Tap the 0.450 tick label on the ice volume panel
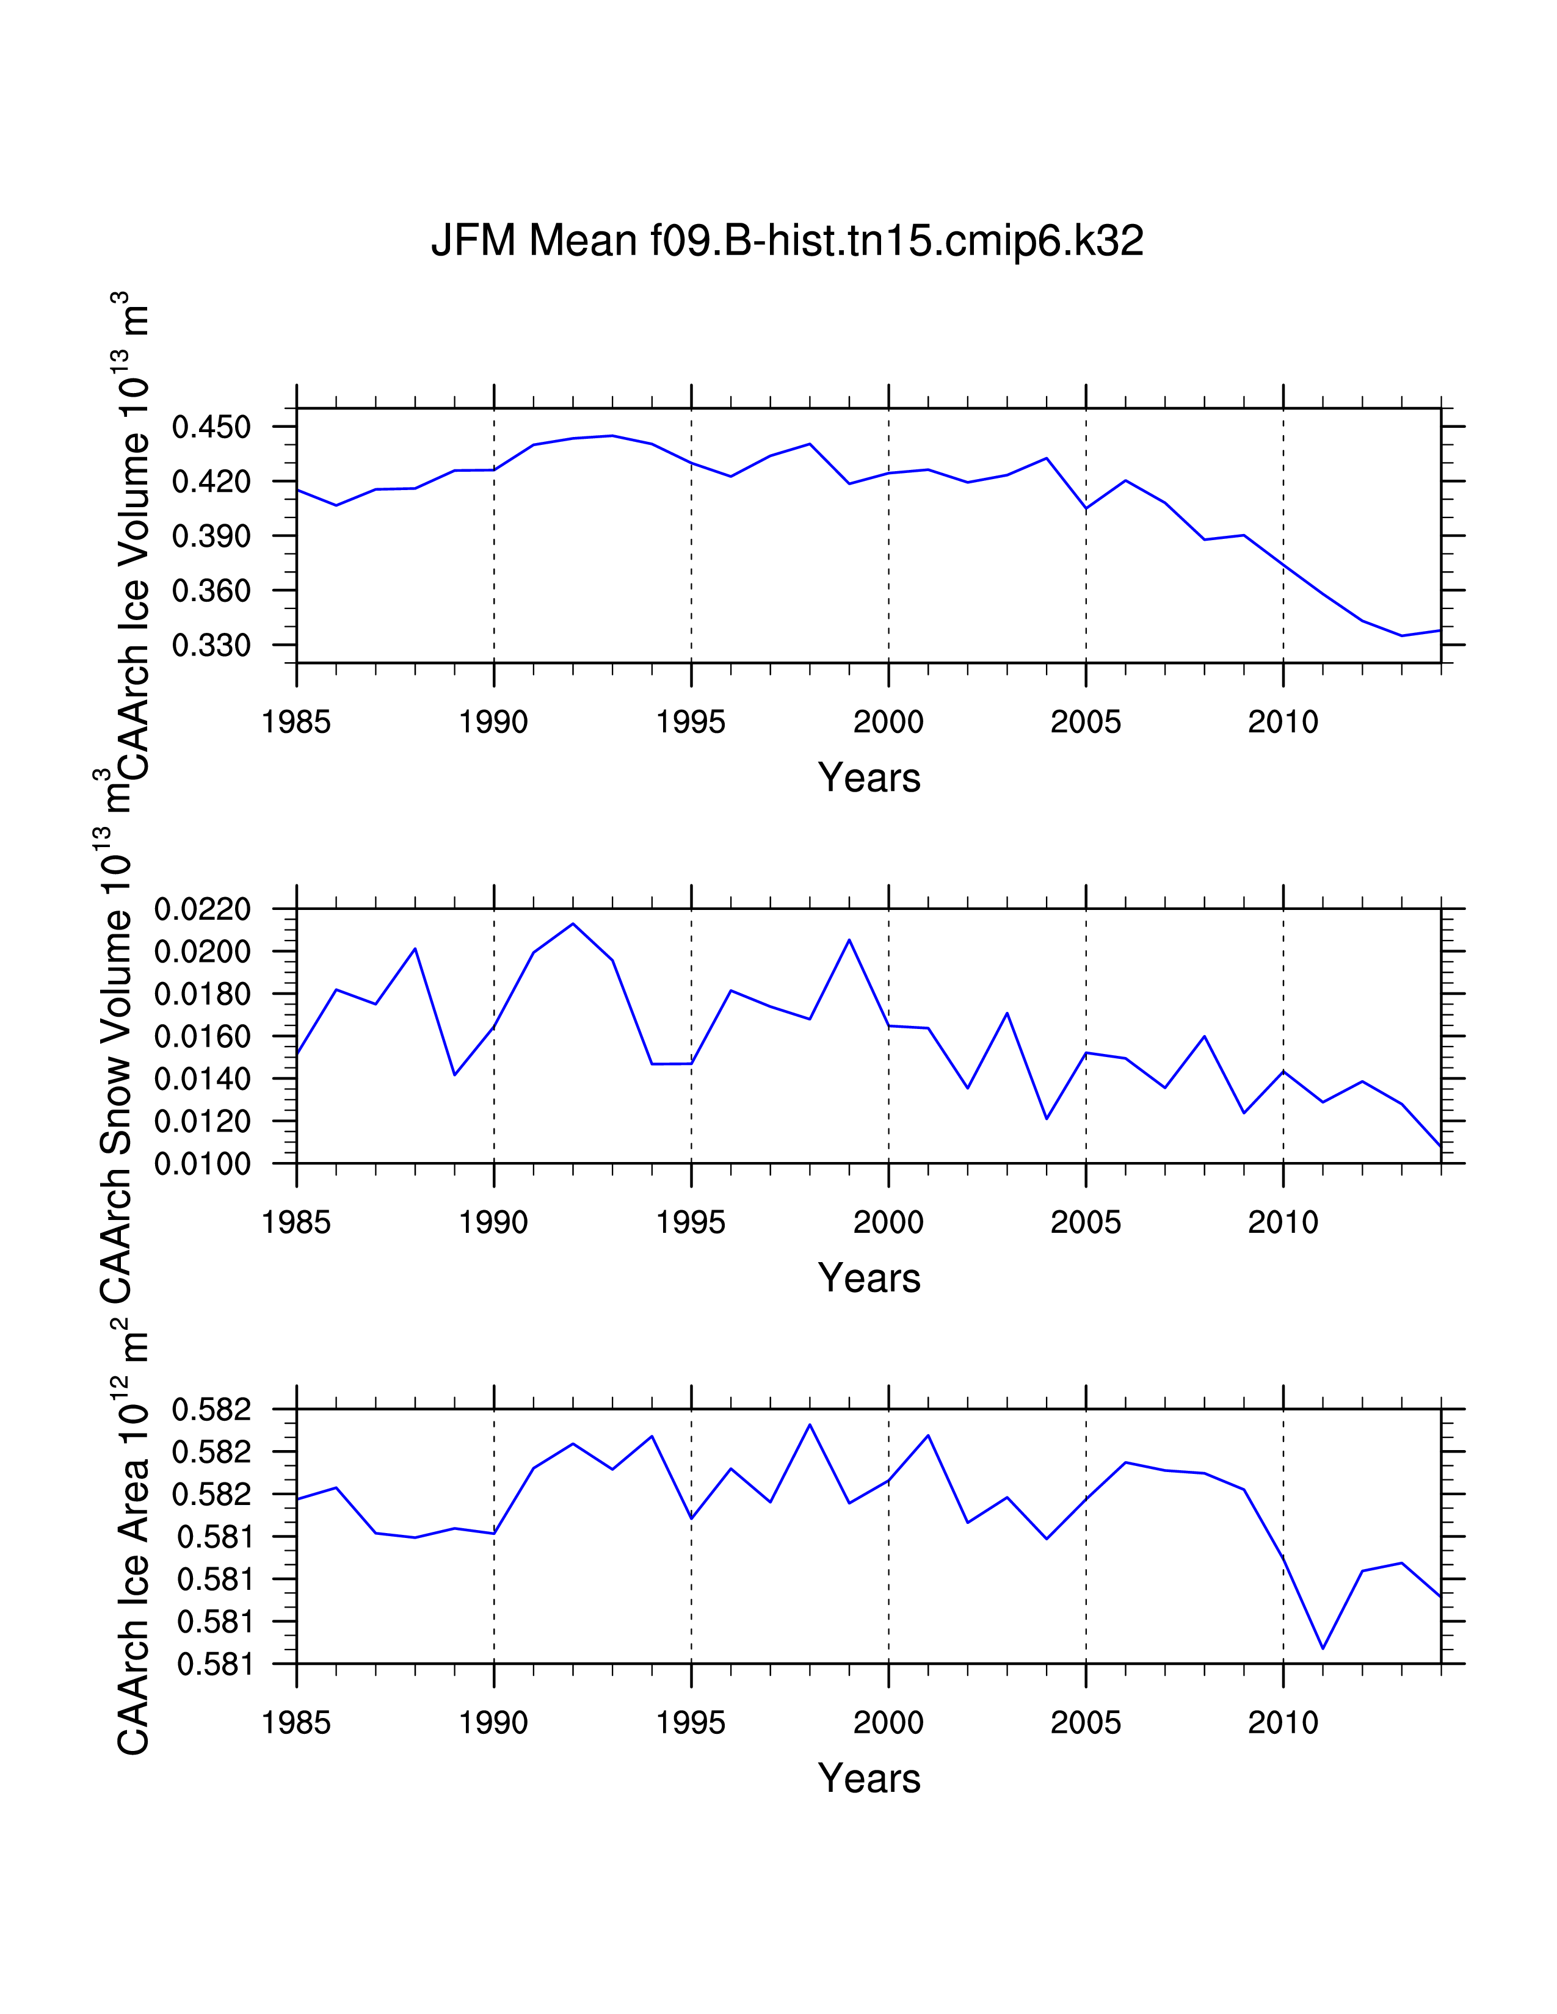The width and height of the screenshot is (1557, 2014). click(211, 427)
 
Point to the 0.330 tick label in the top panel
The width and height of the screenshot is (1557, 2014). click(211, 646)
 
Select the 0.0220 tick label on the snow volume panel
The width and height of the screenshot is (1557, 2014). click(202, 909)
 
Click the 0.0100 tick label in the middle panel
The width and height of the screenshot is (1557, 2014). click(202, 1164)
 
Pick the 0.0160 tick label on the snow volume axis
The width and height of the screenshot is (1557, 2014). click(202, 1038)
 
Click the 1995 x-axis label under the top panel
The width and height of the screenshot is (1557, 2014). click(691, 722)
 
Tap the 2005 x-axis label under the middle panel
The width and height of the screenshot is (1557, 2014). click(1086, 1223)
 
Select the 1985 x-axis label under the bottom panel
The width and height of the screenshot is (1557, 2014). click(296, 1723)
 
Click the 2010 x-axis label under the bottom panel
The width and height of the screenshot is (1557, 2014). click(1283, 1723)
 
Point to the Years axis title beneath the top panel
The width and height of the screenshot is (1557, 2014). click(869, 778)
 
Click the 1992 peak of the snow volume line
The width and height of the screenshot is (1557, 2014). click(573, 924)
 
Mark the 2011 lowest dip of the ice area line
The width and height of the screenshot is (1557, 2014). click(1323, 1648)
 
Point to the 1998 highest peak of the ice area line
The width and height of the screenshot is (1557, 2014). click(810, 1424)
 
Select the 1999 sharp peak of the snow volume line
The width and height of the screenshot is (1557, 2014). click(849, 940)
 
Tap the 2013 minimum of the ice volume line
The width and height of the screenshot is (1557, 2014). click(1402, 635)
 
